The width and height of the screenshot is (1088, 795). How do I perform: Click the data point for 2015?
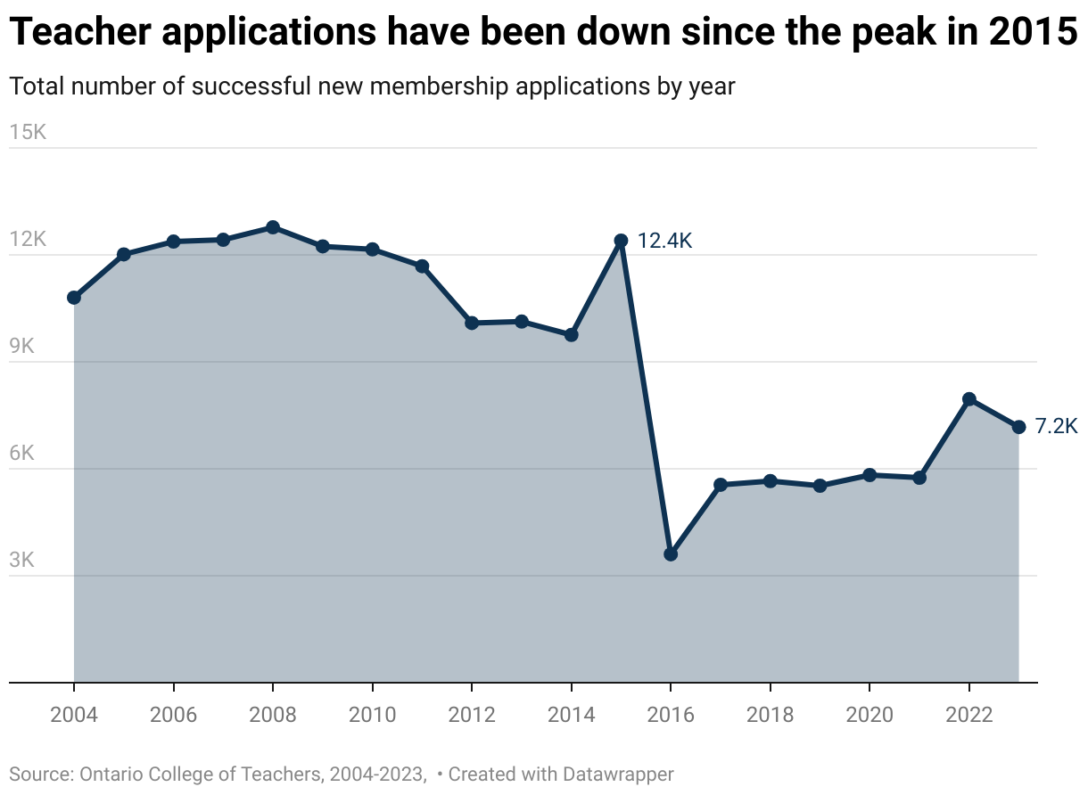pyautogui.click(x=622, y=241)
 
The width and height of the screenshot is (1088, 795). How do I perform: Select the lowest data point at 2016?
pyautogui.click(x=671, y=554)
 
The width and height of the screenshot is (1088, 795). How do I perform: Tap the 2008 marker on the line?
pyautogui.click(x=273, y=227)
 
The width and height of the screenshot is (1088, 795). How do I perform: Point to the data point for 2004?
pyautogui.click(x=74, y=298)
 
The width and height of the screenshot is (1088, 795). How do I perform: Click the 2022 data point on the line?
pyautogui.click(x=969, y=399)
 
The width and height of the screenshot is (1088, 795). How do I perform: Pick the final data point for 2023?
pyautogui.click(x=1018, y=427)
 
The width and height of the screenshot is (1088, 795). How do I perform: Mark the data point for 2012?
pyautogui.click(x=472, y=323)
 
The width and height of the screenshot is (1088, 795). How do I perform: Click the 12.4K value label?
pyautogui.click(x=664, y=241)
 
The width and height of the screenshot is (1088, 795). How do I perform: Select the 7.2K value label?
pyautogui.click(x=1057, y=427)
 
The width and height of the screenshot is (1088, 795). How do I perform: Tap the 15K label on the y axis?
pyautogui.click(x=28, y=133)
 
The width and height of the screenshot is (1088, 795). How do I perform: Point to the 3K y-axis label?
pyautogui.click(x=22, y=561)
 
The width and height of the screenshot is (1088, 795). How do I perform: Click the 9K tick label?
pyautogui.click(x=22, y=347)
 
